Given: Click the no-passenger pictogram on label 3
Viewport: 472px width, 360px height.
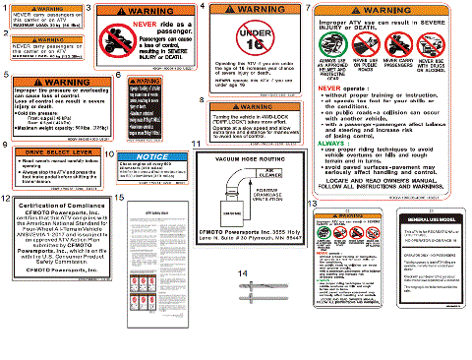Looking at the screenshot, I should [118, 41].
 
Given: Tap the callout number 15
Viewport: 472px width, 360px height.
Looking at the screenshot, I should [118, 198].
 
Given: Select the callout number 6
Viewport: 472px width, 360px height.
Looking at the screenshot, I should [118, 76].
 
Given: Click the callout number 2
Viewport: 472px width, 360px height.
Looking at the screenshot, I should [5, 34].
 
